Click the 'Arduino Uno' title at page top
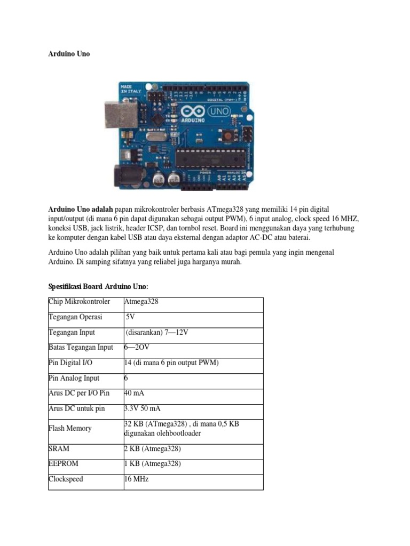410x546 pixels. (x=69, y=54)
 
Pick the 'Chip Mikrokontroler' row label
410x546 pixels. (x=80, y=302)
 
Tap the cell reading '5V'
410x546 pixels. (x=130, y=317)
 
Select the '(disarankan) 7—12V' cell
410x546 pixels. (x=157, y=332)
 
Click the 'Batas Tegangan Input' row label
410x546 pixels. (x=81, y=347)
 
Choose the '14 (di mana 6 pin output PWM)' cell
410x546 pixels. (x=171, y=363)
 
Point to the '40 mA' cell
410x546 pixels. (x=134, y=393)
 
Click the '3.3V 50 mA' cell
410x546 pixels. (x=141, y=408)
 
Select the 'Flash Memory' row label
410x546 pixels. (x=70, y=428)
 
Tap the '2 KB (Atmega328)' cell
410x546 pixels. (x=152, y=449)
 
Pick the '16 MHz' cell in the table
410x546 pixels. (x=136, y=479)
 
